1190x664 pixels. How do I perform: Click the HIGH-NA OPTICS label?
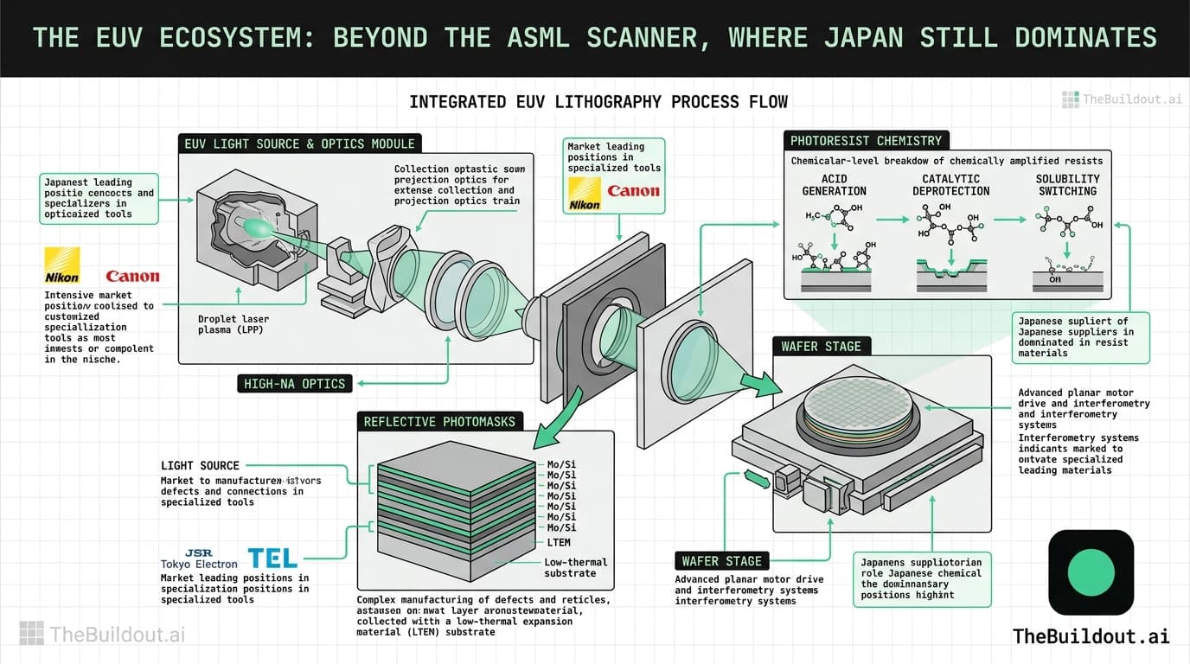click(x=294, y=383)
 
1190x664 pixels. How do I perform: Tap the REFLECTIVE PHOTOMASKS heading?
click(x=439, y=422)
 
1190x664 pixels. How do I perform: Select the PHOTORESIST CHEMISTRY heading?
click(x=866, y=140)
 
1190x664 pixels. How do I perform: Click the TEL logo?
click(x=272, y=558)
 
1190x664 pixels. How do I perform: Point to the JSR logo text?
click(x=198, y=552)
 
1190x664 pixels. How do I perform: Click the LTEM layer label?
click(x=559, y=542)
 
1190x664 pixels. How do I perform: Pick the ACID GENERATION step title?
click(x=834, y=185)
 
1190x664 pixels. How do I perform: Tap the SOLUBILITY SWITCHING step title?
click(x=1067, y=185)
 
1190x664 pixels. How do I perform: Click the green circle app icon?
click(x=1091, y=571)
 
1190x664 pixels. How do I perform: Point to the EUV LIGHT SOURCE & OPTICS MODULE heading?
click(x=299, y=144)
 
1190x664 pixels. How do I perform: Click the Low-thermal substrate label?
click(x=576, y=567)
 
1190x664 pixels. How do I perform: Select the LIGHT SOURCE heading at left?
click(x=200, y=465)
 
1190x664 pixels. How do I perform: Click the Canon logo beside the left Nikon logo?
click(x=132, y=277)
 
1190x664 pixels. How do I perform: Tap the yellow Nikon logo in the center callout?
click(x=585, y=195)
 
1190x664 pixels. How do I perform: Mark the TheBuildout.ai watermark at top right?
click(x=1122, y=99)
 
